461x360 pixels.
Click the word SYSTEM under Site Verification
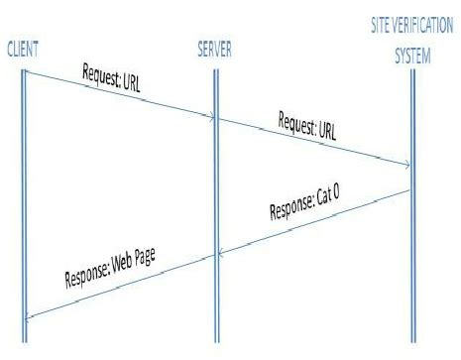click(x=413, y=58)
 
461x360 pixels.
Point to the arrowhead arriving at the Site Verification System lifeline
click(x=406, y=165)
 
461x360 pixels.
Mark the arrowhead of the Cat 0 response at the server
click(x=221, y=255)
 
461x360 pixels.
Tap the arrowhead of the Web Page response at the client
click(x=28, y=316)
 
